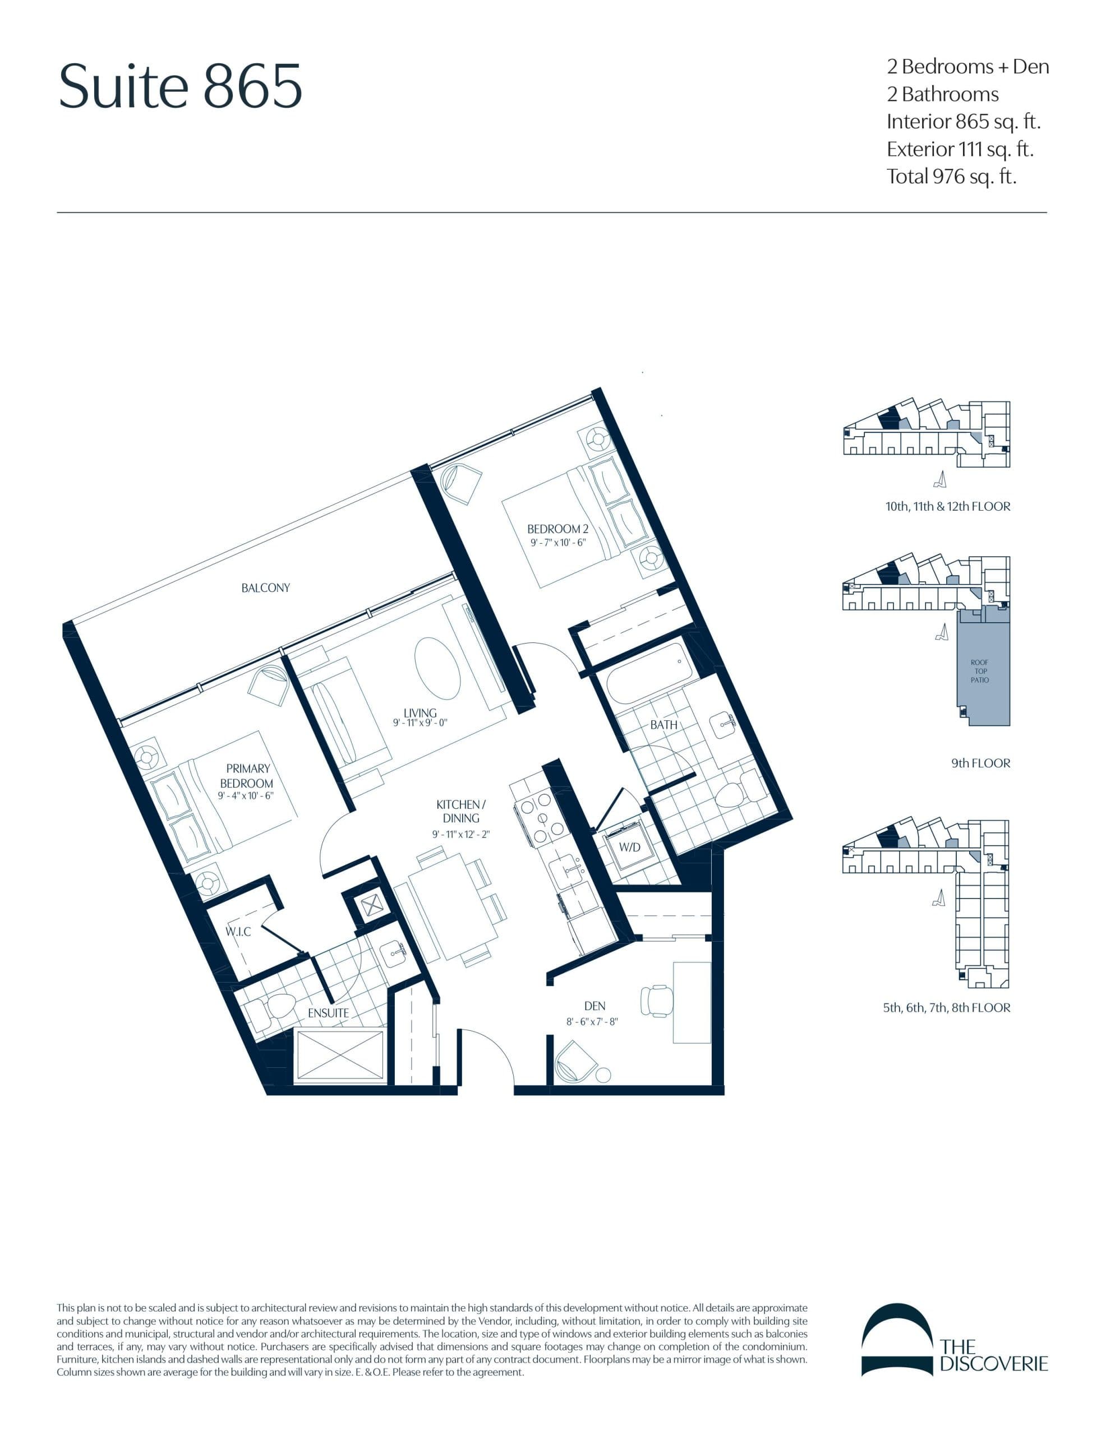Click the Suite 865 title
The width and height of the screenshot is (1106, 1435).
coord(180,86)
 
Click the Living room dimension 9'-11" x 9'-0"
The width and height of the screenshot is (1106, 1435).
coord(420,723)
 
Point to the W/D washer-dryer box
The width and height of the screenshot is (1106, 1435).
coord(629,847)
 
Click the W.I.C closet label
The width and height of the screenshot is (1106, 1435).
coord(238,931)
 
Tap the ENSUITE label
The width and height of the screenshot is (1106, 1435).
coord(328,1012)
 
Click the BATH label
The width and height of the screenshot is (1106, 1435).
coord(663,725)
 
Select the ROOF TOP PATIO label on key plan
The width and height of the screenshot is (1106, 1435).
coord(979,671)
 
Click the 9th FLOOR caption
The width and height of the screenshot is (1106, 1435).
coord(980,763)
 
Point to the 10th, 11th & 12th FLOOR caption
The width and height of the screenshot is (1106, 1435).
coord(947,506)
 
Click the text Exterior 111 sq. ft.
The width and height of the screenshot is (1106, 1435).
coord(960,149)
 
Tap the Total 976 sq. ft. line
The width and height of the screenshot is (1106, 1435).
coord(951,176)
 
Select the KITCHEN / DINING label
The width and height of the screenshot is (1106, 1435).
coord(460,811)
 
